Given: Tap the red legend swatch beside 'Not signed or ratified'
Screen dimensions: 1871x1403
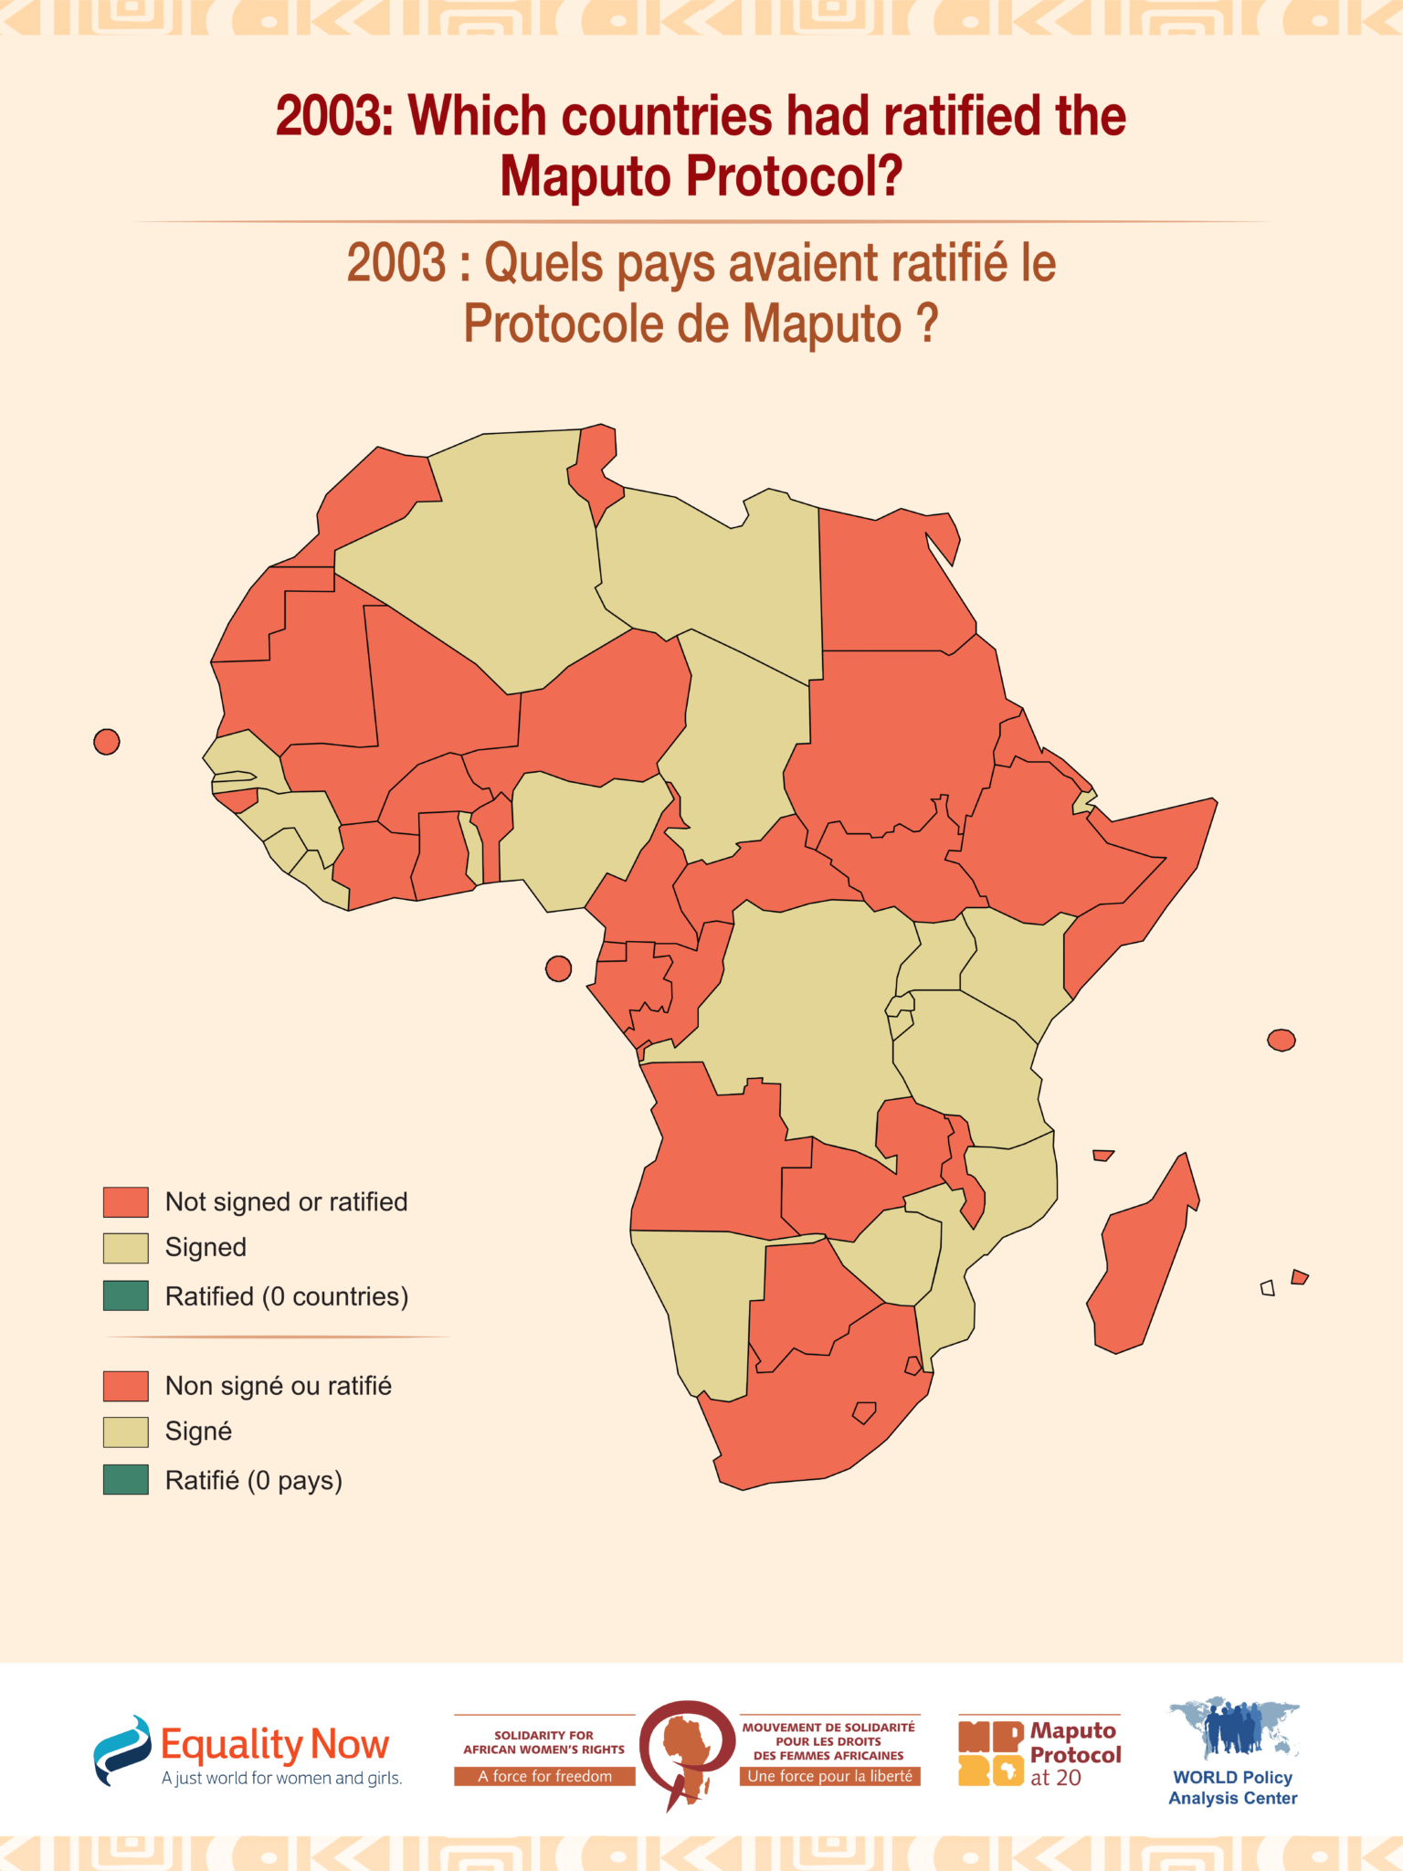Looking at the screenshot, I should point(125,1202).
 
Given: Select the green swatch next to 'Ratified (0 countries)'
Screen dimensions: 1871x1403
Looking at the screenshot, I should point(125,1295).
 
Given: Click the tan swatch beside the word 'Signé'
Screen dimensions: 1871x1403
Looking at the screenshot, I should point(125,1432).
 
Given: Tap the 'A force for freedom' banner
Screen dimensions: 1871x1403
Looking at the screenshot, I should point(544,1776).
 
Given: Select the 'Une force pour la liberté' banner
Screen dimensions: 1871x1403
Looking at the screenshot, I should point(829,1776).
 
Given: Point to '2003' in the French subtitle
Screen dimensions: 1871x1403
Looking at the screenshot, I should point(396,263).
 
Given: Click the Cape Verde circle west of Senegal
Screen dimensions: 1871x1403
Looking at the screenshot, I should point(107,742).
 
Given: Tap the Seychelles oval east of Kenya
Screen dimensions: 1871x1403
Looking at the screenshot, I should point(1281,1040).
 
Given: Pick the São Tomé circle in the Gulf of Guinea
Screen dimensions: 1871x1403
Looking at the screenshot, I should point(558,968).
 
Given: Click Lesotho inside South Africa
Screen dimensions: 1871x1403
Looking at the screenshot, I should point(863,1412).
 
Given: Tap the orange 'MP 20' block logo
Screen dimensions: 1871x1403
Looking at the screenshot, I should point(990,1753).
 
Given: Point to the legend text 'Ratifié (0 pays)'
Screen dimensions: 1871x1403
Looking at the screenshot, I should point(253,1480).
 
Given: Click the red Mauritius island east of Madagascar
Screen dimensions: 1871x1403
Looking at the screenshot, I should point(1299,1277).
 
